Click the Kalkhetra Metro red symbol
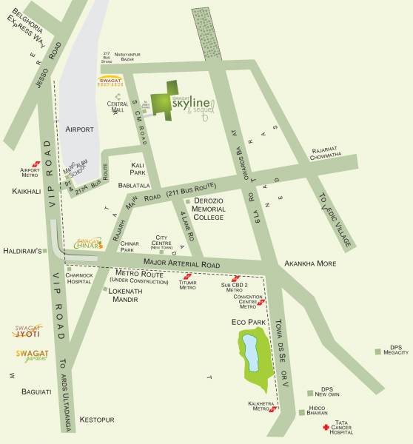275,408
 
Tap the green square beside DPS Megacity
378,349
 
